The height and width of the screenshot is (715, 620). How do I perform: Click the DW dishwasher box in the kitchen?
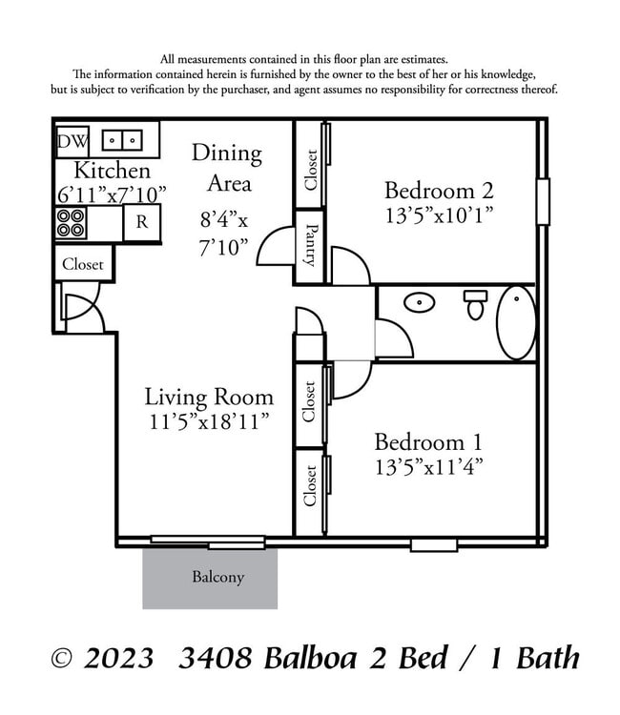(72, 141)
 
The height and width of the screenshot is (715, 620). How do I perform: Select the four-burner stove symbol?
(71, 222)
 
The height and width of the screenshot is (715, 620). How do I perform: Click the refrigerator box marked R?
(141, 223)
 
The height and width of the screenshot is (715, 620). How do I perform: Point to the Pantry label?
(310, 245)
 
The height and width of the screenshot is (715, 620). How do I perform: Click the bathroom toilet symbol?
(475, 304)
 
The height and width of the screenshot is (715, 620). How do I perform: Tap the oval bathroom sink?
(418, 303)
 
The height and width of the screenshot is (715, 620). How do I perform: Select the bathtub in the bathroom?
(516, 322)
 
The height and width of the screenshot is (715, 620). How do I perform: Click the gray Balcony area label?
(217, 577)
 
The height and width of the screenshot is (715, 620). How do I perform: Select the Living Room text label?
(209, 397)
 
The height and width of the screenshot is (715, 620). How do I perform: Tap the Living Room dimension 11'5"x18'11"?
(209, 420)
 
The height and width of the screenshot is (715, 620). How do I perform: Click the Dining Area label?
(227, 167)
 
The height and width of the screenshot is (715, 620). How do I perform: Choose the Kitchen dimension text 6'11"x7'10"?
(112, 194)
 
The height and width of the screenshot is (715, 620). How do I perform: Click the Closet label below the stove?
(83, 264)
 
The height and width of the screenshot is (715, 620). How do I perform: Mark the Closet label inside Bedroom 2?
(311, 170)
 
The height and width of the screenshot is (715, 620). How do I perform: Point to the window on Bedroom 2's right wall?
(543, 202)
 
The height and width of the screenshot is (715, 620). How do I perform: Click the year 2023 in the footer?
(117, 659)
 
